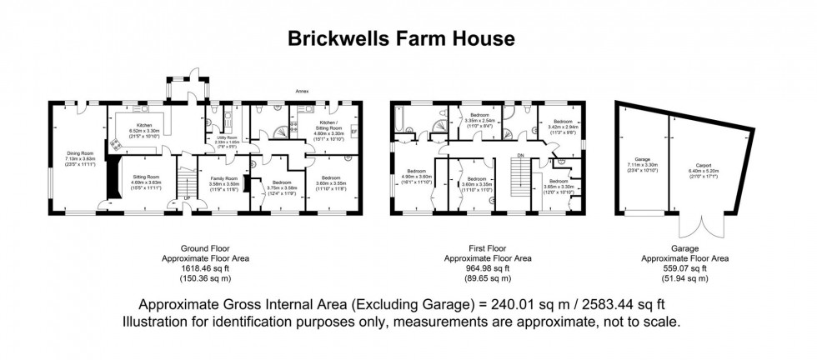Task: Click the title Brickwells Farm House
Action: [x=401, y=37]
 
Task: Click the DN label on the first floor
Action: [x=520, y=155]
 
